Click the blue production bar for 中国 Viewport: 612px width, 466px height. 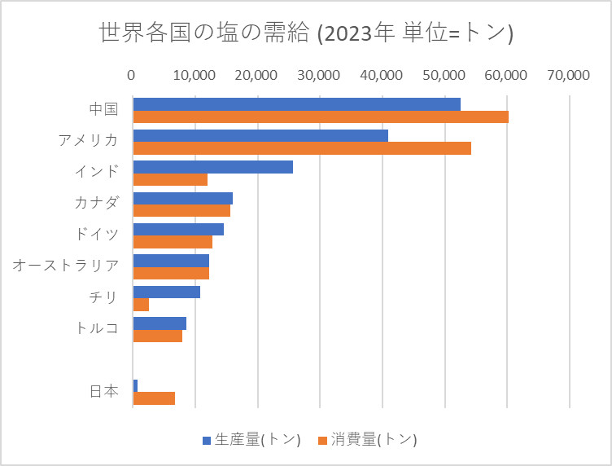296,104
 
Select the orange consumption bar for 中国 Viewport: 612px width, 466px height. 320,116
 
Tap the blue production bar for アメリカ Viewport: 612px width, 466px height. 260,135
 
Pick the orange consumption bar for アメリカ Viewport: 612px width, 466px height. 301,148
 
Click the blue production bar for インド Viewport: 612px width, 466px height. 212,167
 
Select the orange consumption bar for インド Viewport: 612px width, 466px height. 170,179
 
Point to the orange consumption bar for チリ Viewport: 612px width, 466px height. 141,305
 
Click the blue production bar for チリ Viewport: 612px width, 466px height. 166,292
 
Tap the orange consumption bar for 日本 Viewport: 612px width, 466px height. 154,398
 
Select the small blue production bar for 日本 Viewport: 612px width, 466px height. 135,385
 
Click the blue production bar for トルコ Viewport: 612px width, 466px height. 160,323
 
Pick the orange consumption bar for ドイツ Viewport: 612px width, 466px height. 173,242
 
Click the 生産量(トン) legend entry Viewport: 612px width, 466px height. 251,440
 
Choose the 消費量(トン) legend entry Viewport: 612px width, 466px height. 368,440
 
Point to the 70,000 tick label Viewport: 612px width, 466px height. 568,75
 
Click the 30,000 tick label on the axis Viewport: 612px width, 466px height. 319,75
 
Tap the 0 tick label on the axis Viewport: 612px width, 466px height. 132,75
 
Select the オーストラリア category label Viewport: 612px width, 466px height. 66,265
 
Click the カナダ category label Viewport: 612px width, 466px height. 96,202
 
